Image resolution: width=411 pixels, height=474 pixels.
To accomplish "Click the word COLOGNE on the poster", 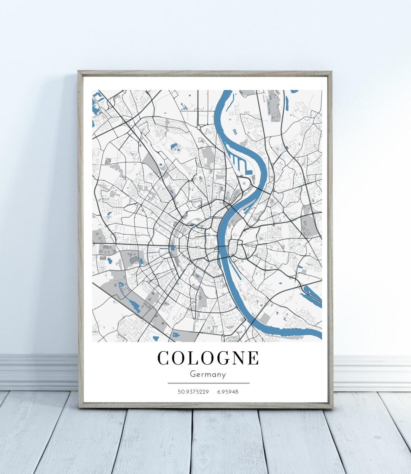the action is click(x=208, y=358).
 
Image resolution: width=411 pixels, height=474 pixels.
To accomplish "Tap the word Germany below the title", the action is click(x=208, y=375).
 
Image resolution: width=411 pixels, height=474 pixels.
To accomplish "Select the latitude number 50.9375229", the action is click(x=193, y=391).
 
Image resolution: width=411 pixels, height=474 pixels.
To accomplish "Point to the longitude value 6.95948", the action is click(x=228, y=391).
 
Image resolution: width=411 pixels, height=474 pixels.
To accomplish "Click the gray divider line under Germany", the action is click(x=208, y=383).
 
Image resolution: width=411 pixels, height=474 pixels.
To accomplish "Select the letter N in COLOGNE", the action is click(x=236, y=358).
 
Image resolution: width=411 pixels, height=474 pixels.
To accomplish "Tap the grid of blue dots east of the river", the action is click(x=235, y=131).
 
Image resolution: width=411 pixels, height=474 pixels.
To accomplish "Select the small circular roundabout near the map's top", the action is click(x=198, y=127).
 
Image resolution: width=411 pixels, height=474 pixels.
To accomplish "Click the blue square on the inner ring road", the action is click(x=173, y=248).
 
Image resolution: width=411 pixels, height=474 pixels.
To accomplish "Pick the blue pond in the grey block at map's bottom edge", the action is click(x=175, y=334).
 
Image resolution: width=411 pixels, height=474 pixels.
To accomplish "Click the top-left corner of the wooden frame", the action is click(x=79, y=72).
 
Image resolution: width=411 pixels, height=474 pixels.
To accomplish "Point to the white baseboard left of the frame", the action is click(x=38, y=372).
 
